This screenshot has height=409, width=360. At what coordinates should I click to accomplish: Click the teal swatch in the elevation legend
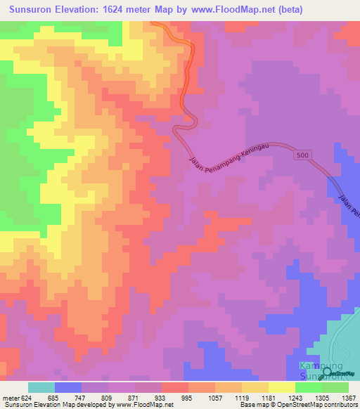pos(41,387)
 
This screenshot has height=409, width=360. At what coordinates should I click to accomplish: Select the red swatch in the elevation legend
pos(174,387)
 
